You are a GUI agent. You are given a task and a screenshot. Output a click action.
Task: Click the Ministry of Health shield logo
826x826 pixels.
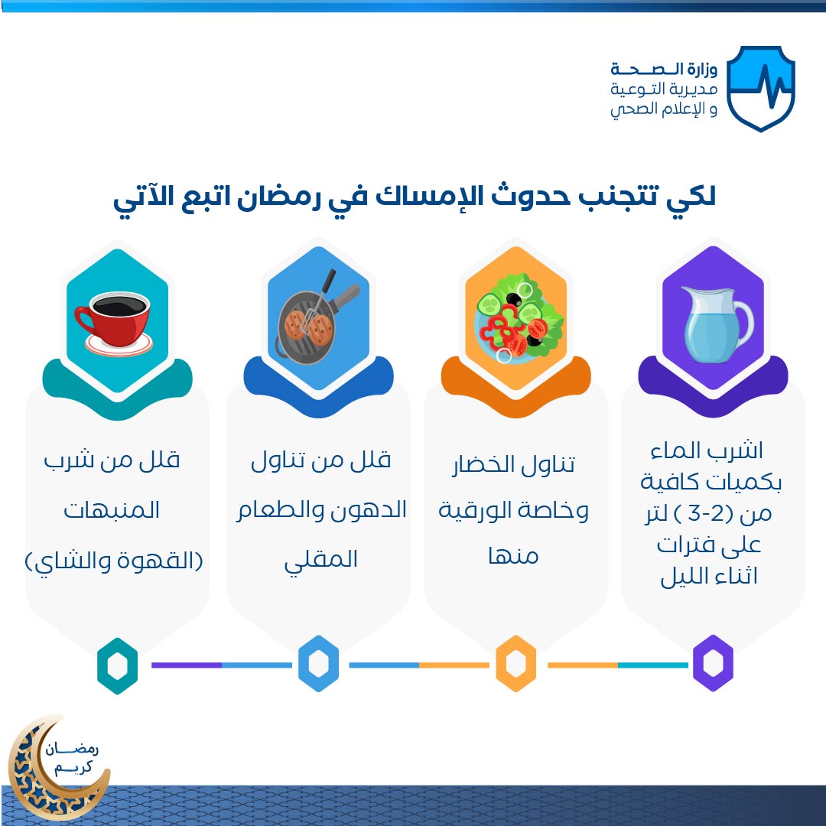tap(761, 88)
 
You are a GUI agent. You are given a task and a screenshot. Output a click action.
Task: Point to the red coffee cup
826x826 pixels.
tap(114, 323)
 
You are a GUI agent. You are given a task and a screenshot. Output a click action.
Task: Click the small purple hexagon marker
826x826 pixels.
tap(713, 663)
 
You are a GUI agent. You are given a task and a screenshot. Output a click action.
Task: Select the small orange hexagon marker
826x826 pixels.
tap(516, 663)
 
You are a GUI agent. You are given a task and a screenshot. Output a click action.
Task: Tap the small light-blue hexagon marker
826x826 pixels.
tap(318, 663)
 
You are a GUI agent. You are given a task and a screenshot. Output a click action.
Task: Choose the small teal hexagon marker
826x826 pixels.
tap(118, 666)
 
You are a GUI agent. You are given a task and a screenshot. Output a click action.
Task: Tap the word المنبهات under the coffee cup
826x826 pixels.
tap(112, 510)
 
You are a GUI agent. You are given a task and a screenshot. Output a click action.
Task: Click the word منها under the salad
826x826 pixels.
tap(513, 556)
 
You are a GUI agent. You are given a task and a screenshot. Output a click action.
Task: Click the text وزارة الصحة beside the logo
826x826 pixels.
tap(664, 69)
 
